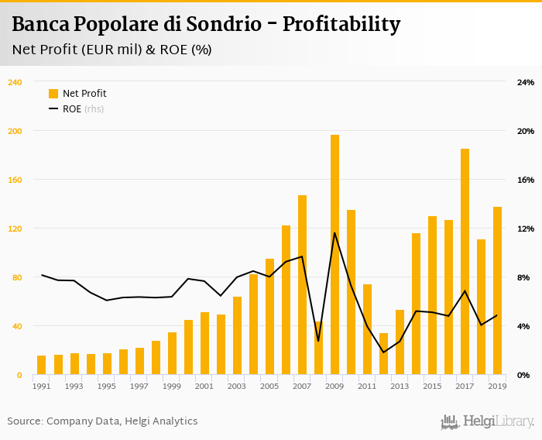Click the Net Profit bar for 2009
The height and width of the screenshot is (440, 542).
click(x=334, y=255)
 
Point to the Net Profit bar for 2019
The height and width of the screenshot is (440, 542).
click(x=497, y=290)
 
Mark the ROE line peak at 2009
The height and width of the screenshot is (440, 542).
click(x=334, y=232)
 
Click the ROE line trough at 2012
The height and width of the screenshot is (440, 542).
click(x=383, y=352)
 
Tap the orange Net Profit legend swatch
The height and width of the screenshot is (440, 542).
click(x=53, y=94)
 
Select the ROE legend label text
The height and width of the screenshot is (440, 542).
click(x=72, y=109)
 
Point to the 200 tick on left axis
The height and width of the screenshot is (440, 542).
click(x=15, y=131)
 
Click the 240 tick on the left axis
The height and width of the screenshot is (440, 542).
click(x=15, y=82)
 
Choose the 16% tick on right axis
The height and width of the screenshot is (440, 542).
click(x=526, y=180)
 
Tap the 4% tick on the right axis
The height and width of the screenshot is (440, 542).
click(x=526, y=326)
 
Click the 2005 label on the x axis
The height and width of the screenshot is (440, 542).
click(x=269, y=386)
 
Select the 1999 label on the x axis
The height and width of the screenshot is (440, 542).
click(x=172, y=386)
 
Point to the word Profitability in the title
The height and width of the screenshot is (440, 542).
click(x=341, y=25)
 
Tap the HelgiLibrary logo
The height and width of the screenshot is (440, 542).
click(x=487, y=421)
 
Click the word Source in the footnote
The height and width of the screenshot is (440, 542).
click(x=24, y=421)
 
